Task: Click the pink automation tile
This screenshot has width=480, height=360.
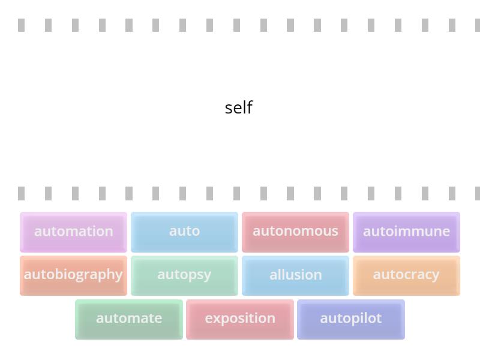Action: coord(73,232)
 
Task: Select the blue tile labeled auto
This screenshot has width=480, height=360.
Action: coord(184,232)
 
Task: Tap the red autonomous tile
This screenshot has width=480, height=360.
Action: coord(295,232)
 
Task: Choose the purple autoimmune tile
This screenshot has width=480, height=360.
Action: coord(406,232)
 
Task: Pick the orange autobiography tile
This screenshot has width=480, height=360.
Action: coord(73,275)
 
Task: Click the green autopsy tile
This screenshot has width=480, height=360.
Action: coord(184,275)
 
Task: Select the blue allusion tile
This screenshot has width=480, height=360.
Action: coord(295,275)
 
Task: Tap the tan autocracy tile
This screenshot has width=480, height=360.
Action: coord(406,275)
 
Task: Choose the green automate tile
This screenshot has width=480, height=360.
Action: coord(129,319)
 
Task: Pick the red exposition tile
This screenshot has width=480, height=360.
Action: coord(240,319)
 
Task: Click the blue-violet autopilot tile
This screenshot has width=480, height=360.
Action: coord(351,319)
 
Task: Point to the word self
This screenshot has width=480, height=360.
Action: coord(239,108)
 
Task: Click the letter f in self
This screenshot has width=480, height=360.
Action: coord(250,107)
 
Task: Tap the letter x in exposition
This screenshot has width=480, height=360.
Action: coord(216,319)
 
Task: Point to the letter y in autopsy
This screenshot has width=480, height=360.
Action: coord(207,276)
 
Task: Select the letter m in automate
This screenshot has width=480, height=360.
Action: coord(133,319)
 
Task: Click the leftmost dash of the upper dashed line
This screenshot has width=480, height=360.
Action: coord(22,25)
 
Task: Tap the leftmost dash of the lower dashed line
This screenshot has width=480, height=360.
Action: coord(22,193)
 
